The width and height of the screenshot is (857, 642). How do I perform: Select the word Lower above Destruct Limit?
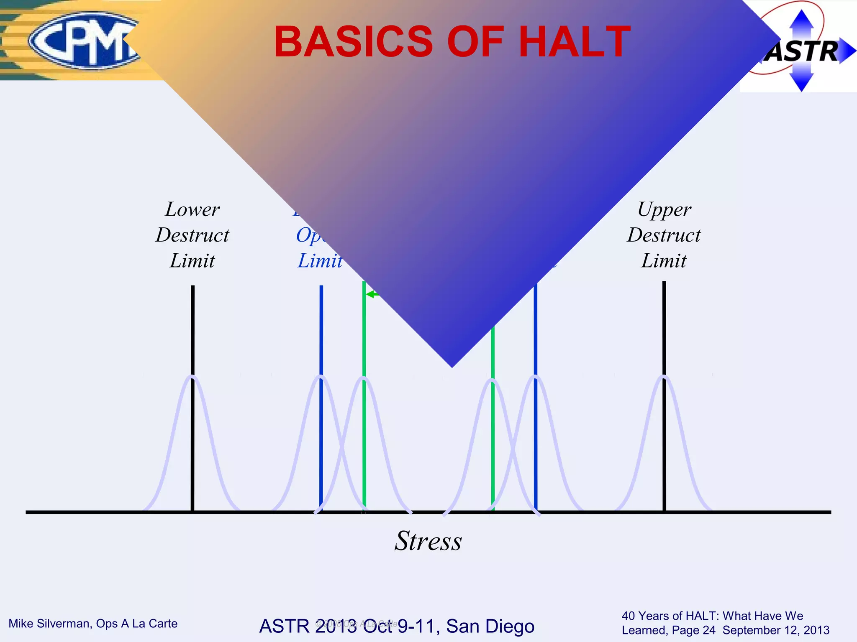[x=192, y=209]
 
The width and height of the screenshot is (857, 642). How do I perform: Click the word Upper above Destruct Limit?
[x=664, y=209]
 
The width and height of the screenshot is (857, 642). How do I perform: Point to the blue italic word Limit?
[x=320, y=261]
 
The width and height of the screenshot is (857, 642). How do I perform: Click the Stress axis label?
[x=428, y=541]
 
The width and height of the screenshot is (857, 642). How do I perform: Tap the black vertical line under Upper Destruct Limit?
[x=664, y=330]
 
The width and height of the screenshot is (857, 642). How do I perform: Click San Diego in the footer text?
[x=490, y=626]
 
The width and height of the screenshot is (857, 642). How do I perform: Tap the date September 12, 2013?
[x=776, y=630]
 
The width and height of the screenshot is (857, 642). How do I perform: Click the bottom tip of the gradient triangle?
[x=452, y=366]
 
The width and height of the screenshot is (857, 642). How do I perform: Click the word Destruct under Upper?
[x=664, y=235]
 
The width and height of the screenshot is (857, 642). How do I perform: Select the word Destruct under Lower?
[x=192, y=235]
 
